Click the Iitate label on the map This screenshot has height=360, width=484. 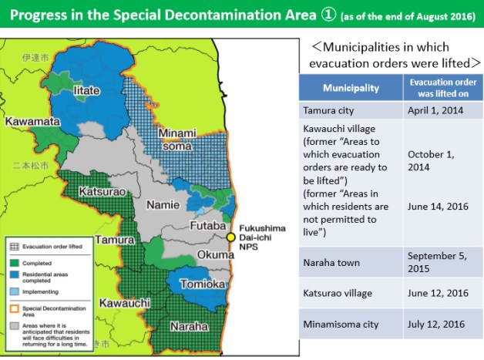click(86, 91)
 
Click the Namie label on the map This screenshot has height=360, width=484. click(163, 205)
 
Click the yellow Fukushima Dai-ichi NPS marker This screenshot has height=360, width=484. click(230, 237)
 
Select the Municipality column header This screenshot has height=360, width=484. click(350, 87)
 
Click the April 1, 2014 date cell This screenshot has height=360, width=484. click(435, 111)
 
